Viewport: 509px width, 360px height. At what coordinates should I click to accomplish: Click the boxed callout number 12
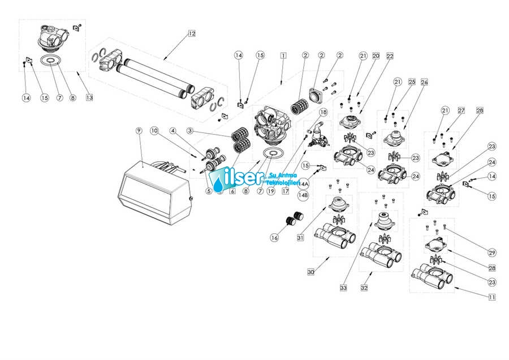(192, 33)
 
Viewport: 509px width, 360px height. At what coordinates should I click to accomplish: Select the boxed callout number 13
(89, 97)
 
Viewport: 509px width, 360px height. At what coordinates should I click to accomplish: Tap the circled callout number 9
(139, 131)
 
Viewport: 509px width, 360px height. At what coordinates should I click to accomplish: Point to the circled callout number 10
(154, 131)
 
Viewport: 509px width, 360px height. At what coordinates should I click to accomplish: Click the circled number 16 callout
(275, 238)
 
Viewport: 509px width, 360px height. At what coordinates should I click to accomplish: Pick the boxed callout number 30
(310, 272)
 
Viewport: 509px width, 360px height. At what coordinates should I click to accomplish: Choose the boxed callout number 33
(343, 288)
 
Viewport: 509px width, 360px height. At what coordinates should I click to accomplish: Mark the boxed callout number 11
(492, 297)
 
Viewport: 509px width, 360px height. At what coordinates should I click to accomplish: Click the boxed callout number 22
(390, 56)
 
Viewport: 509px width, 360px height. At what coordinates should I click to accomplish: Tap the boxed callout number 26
(424, 82)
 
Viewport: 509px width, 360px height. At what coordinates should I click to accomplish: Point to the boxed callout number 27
(460, 110)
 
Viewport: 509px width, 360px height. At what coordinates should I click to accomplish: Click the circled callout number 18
(323, 113)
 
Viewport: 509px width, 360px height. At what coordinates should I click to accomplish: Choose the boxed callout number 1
(282, 55)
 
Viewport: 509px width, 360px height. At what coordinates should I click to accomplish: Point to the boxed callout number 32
(364, 288)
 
